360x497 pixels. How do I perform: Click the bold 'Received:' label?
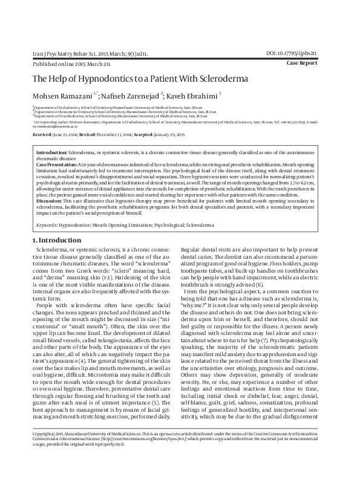(43, 134)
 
